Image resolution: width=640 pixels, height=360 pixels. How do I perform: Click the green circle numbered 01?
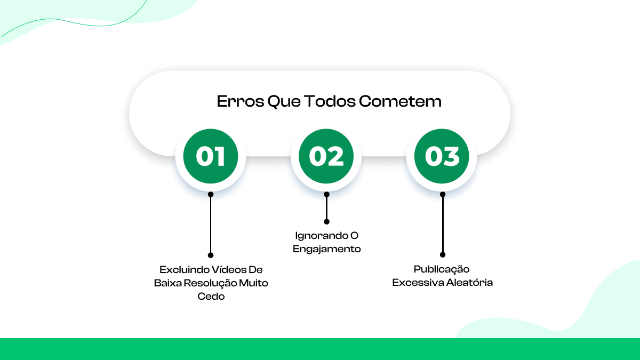[x=211, y=156]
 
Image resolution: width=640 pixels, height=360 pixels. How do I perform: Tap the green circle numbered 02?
[x=326, y=156]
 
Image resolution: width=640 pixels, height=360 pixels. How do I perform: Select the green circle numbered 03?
[x=442, y=156]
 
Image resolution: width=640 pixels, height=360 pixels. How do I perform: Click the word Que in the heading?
[x=285, y=101]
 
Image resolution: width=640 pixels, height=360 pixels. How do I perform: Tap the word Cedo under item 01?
[x=211, y=297]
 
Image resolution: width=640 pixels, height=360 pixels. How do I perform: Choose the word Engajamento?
[x=327, y=249]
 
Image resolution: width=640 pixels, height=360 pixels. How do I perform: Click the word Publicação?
[x=442, y=269]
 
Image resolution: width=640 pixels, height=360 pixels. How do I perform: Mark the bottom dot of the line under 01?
[x=211, y=255]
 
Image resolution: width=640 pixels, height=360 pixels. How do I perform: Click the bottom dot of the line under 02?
[x=326, y=221]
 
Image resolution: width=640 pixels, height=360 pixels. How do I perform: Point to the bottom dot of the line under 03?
[x=442, y=255]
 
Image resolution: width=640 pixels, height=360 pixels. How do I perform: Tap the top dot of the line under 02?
[x=326, y=194]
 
